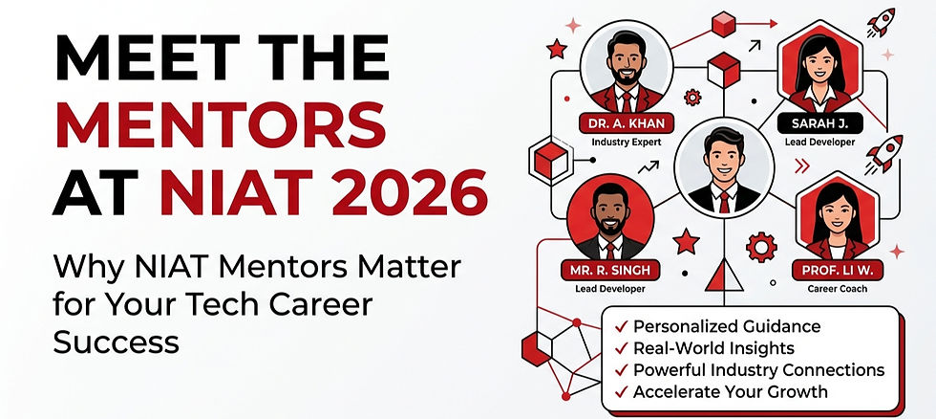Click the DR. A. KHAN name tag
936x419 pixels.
point(627,122)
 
